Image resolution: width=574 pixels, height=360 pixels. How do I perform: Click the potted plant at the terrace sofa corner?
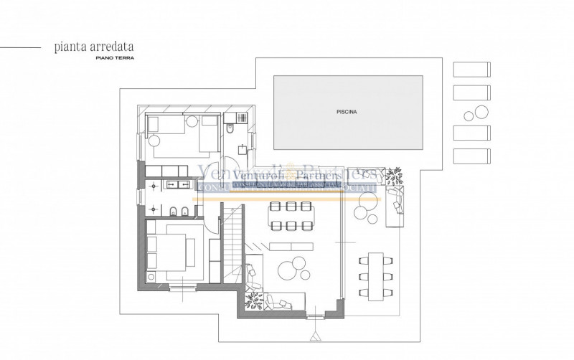coord(395,175)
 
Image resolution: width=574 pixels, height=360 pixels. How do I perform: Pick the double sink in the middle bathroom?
coord(175,185)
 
